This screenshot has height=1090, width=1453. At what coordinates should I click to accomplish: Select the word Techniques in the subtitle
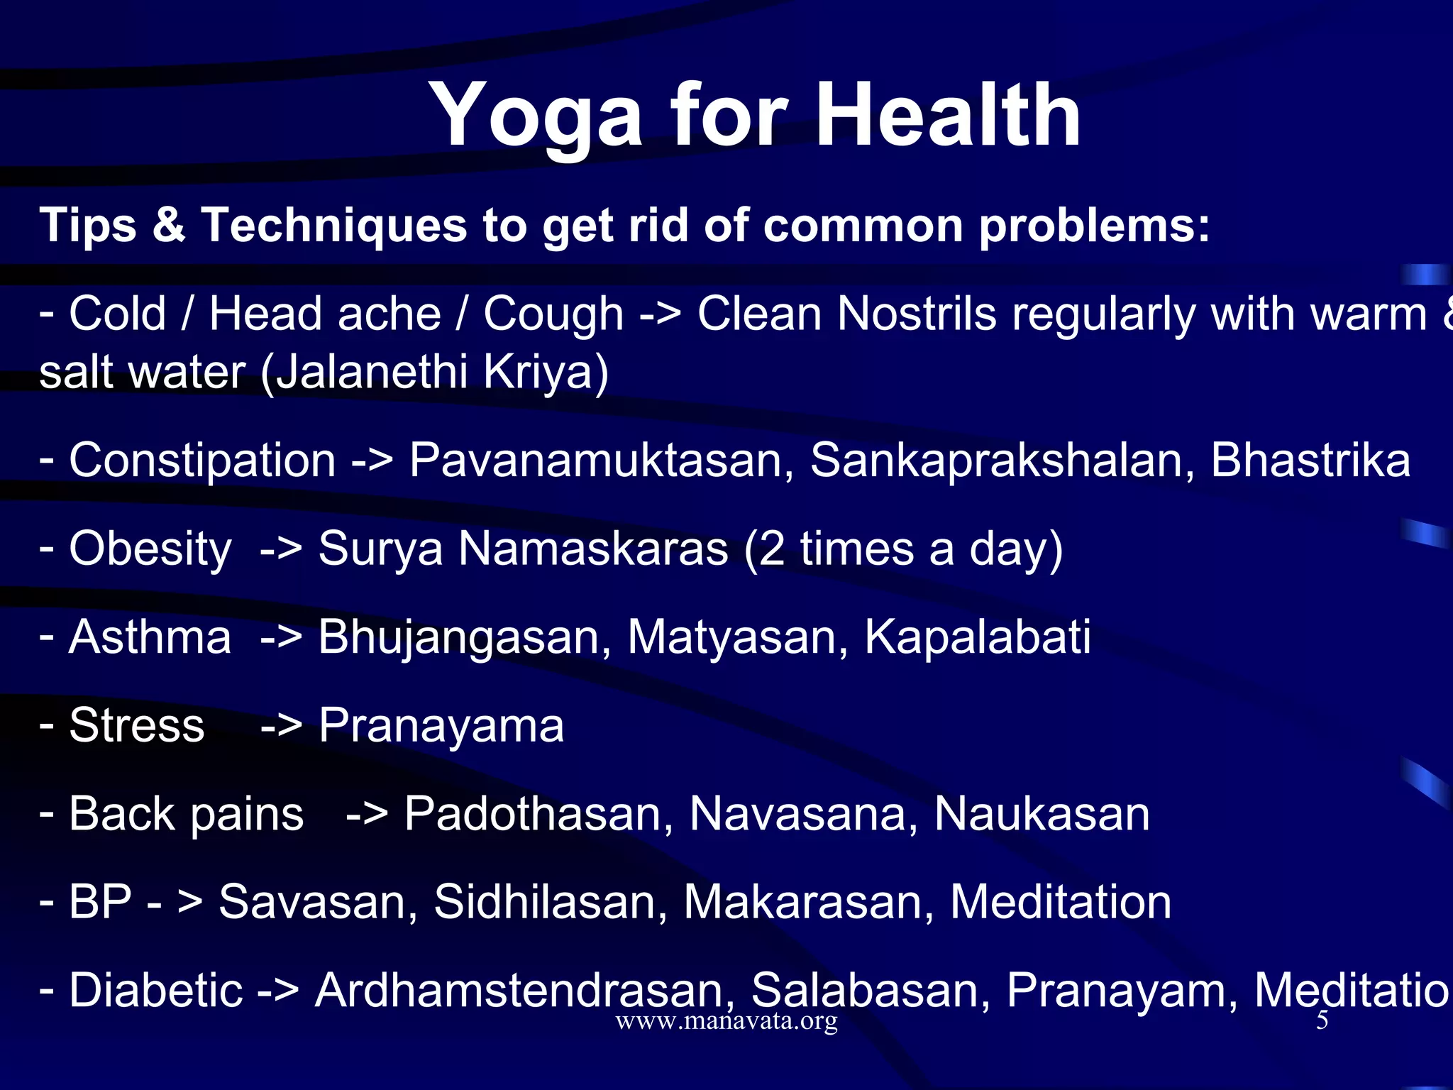pos(333,226)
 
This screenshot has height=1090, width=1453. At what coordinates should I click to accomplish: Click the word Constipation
pos(202,461)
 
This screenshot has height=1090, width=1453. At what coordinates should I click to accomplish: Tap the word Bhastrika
pos(1310,460)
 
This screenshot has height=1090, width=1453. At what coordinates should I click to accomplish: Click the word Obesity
pos(150,549)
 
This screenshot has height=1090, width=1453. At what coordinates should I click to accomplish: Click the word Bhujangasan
pos(464,637)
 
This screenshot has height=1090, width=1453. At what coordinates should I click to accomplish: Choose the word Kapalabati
pos(977,637)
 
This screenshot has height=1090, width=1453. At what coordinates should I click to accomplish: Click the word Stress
pos(137,725)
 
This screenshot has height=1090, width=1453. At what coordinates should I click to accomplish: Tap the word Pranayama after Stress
pos(441,727)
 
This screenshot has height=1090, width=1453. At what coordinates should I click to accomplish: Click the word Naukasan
pos(1041,813)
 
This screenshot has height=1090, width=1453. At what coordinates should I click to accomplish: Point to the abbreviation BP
pos(100,902)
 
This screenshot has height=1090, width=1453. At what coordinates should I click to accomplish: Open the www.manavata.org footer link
pos(726,1022)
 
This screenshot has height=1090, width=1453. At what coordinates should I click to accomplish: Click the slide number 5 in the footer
pos(1322,1021)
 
